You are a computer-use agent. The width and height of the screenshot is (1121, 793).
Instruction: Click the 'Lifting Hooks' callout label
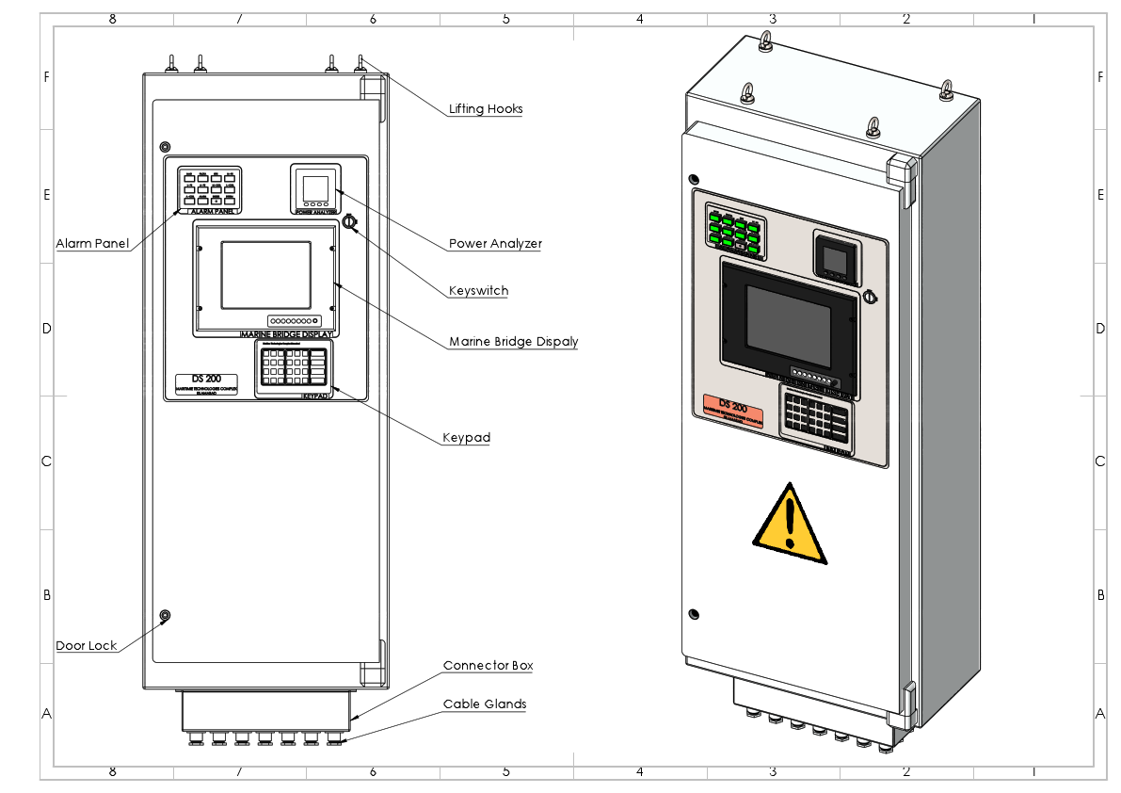(x=485, y=108)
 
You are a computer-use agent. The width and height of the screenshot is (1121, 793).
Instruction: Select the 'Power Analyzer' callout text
(x=495, y=243)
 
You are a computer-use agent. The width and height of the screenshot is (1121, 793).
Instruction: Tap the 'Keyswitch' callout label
(x=478, y=291)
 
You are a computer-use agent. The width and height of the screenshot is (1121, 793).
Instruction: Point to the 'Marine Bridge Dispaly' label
(x=513, y=341)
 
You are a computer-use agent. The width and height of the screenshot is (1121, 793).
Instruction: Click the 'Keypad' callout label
(x=466, y=438)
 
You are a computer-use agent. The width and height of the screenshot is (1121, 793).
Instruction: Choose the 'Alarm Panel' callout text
(x=92, y=243)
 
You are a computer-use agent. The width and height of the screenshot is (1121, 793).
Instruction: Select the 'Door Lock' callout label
(x=87, y=645)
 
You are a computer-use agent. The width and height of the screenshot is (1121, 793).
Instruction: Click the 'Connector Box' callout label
(x=488, y=666)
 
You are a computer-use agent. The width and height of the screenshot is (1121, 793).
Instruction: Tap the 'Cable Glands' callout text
(x=485, y=704)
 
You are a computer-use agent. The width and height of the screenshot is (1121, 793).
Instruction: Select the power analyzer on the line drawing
(x=315, y=187)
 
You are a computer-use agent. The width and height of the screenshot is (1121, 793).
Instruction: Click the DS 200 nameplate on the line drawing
(x=213, y=383)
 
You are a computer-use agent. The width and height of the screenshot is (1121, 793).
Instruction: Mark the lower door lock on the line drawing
(x=166, y=617)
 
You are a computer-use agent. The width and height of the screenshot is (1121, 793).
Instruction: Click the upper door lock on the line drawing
(x=166, y=147)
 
